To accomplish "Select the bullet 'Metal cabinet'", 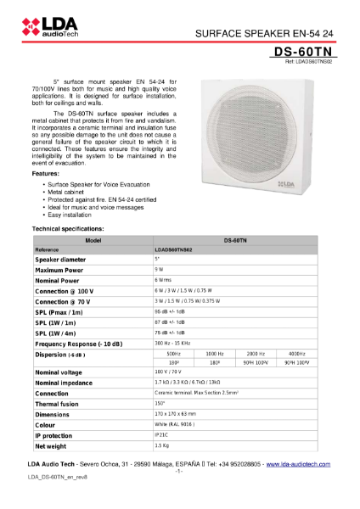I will point(70,193).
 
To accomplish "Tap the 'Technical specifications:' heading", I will point(68,229).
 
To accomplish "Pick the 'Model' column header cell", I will point(93,241).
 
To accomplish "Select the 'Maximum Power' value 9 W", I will point(159,270).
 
